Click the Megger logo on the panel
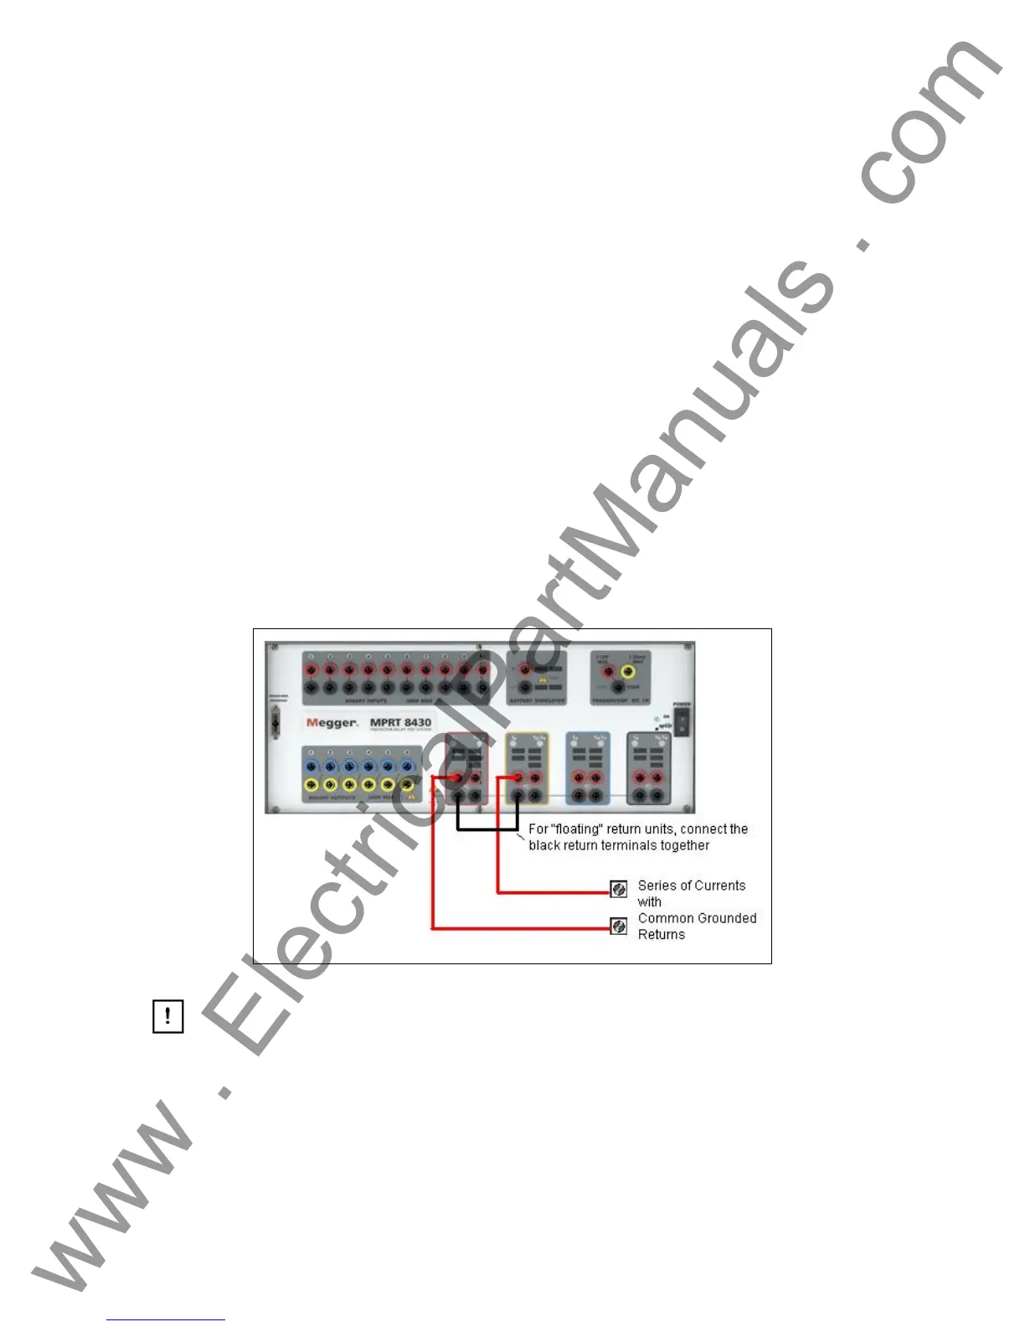coord(332,723)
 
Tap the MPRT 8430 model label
coord(400,722)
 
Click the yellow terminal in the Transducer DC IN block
coord(637,672)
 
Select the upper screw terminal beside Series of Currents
coord(619,889)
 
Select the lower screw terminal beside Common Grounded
coord(619,926)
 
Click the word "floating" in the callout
coord(577,829)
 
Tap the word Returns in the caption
coord(661,935)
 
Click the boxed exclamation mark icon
coord(167,1016)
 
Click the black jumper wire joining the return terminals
coord(487,829)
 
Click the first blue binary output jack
coord(311,767)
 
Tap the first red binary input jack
coord(311,670)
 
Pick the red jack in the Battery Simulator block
coord(525,669)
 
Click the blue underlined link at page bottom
coord(166,1320)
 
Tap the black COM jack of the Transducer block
coord(618,688)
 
